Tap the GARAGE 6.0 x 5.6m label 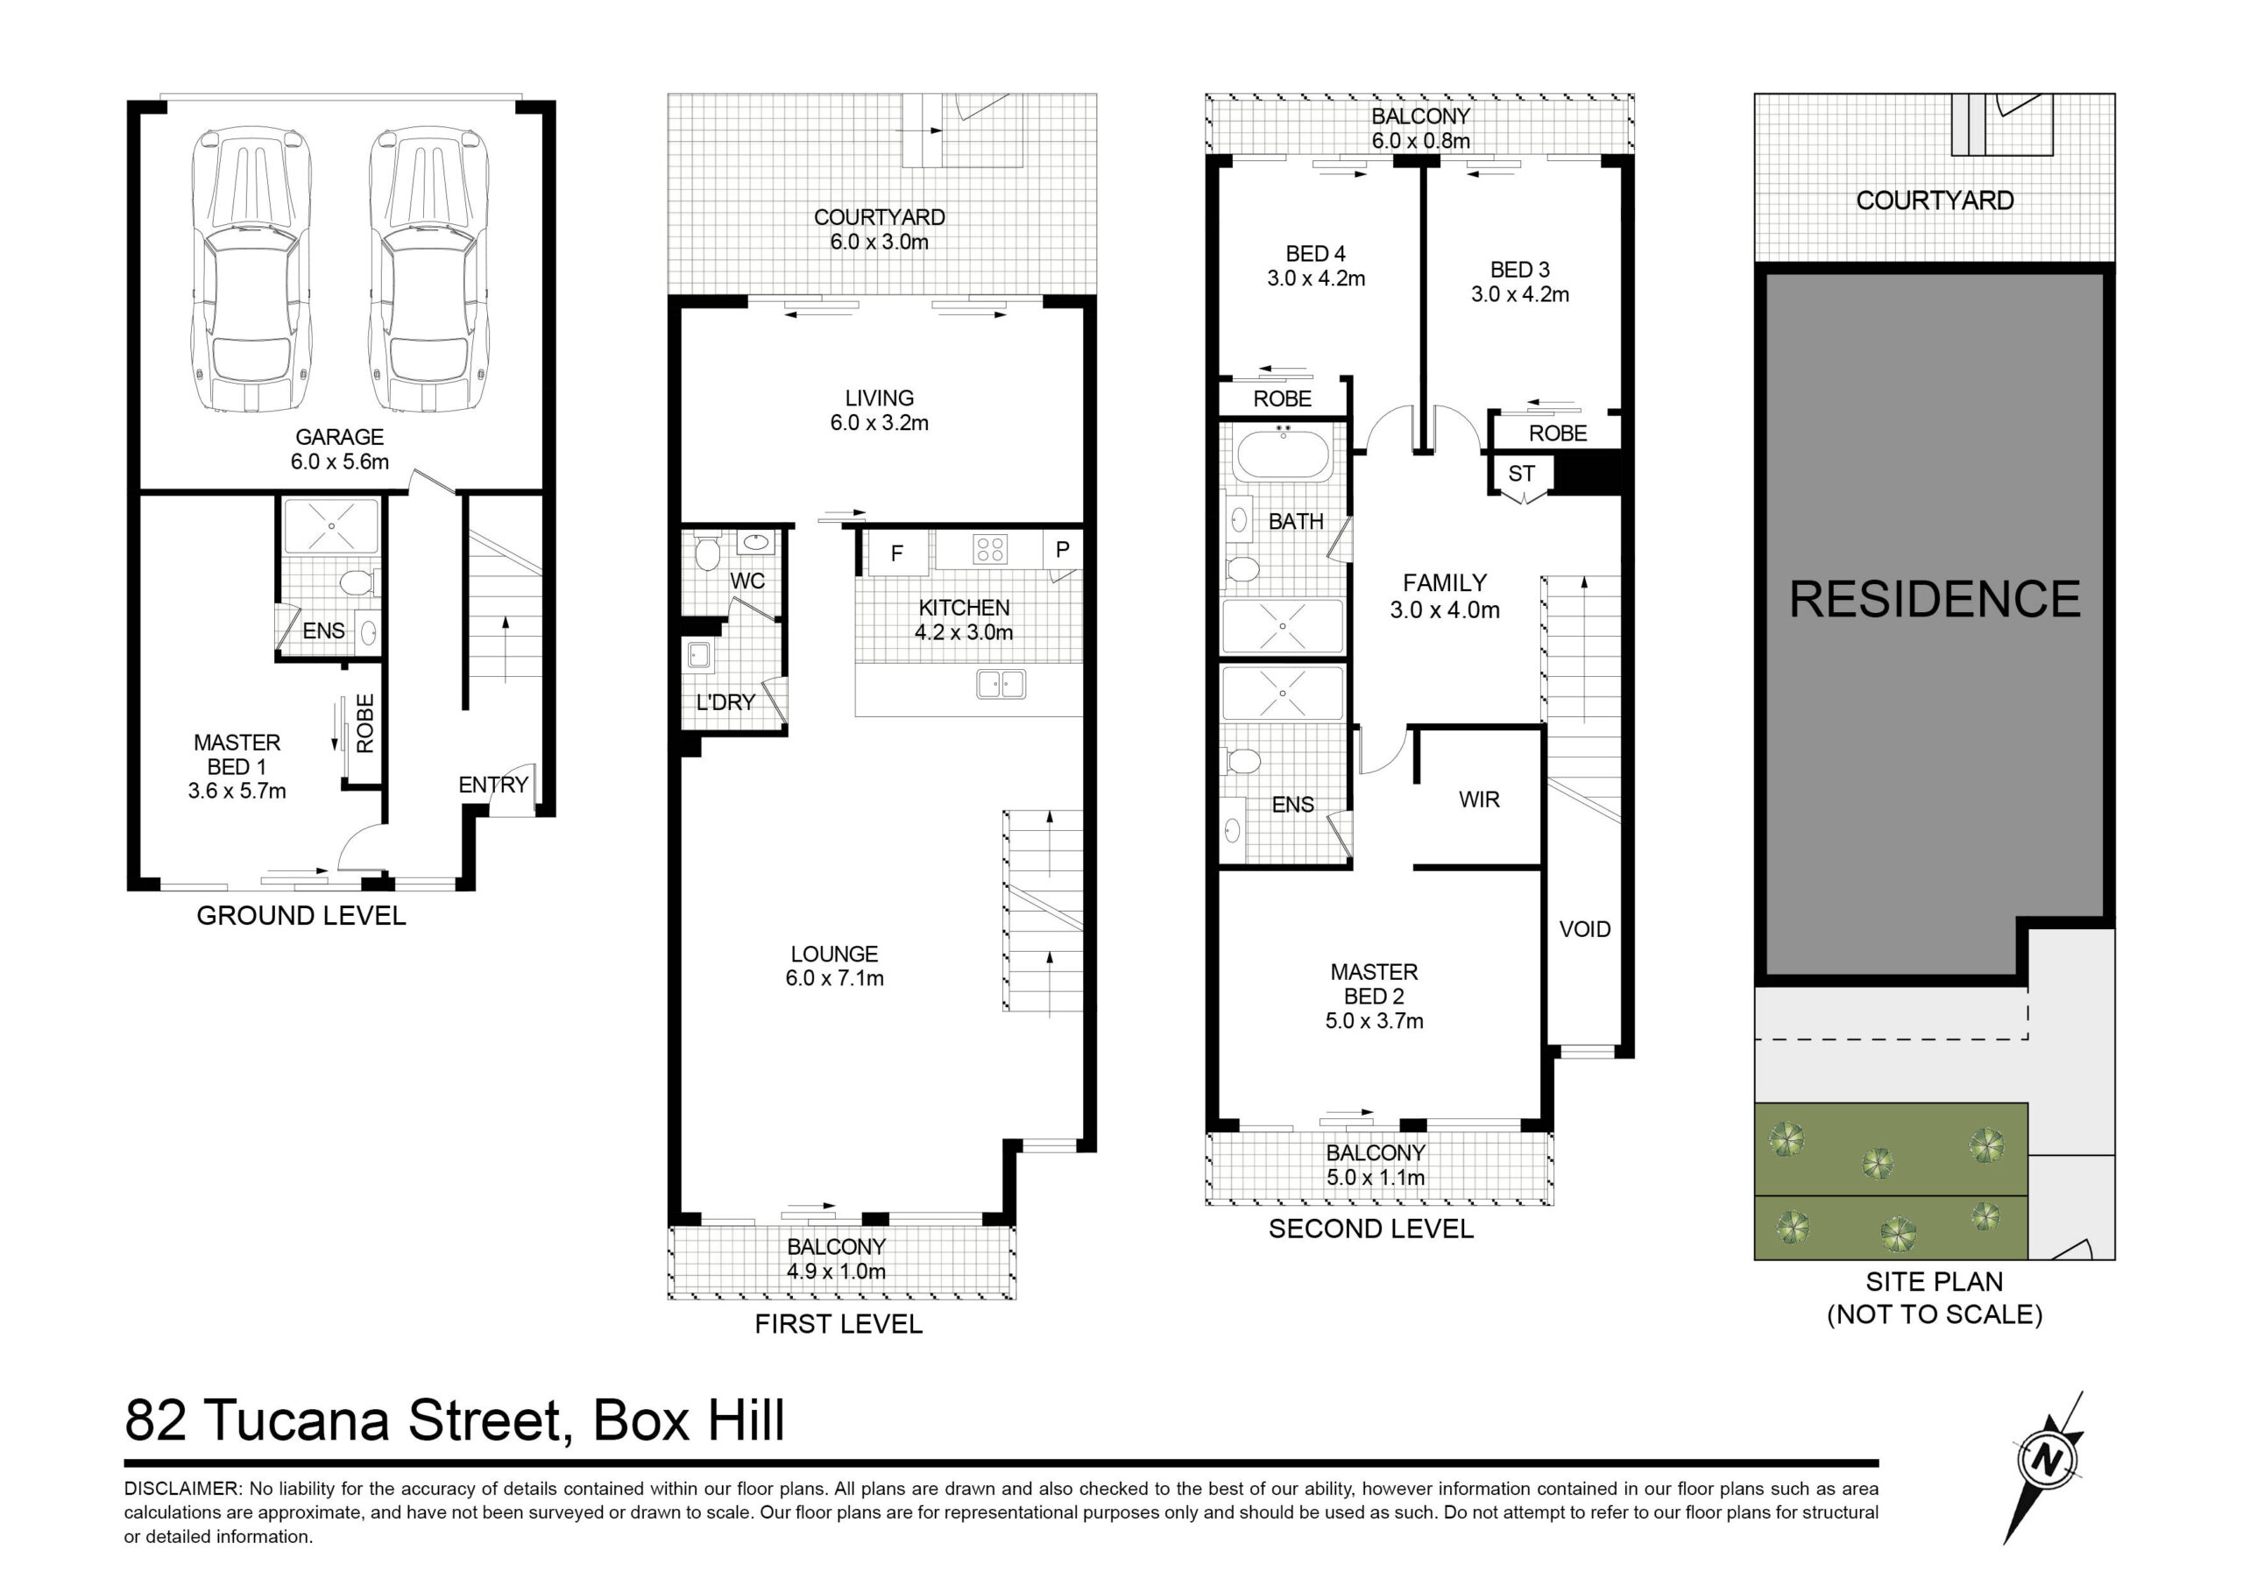point(340,449)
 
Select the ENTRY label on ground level point(493,785)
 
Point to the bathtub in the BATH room point(1283,455)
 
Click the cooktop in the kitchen point(989,550)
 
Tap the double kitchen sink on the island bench point(1001,684)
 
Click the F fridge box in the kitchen point(897,553)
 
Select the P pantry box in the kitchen point(1063,550)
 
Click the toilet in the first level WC point(707,552)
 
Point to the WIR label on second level point(1479,800)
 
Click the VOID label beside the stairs point(1585,930)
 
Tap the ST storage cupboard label point(1521,475)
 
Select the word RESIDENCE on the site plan point(1935,599)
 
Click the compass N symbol point(2045,1461)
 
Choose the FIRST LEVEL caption point(838,1324)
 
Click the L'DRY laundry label point(725,702)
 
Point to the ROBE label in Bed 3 point(1558,433)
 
